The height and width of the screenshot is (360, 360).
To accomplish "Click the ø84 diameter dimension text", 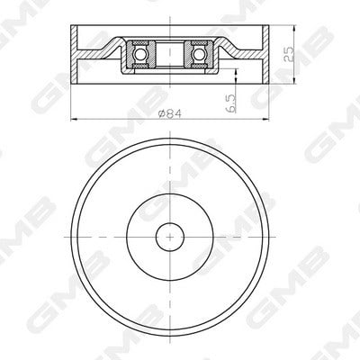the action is (x=170, y=113).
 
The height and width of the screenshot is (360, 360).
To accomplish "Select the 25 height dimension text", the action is (x=290, y=54).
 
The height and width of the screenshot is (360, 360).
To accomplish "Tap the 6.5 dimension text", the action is (x=232, y=103).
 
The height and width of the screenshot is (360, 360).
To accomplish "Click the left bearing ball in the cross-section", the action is (x=140, y=54).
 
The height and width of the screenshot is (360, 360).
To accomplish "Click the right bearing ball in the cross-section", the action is (x=198, y=54).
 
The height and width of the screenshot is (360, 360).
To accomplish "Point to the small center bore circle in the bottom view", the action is (x=170, y=237).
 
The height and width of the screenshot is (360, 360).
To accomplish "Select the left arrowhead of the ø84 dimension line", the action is (x=74, y=119).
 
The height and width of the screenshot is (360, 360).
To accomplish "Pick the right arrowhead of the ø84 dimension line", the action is (x=265, y=119).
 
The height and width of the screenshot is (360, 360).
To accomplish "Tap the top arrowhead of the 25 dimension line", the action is (x=293, y=29).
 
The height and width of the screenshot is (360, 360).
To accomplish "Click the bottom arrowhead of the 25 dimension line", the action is (x=293, y=80).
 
